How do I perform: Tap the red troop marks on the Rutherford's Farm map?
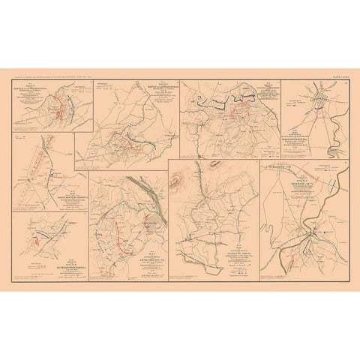[x=37, y=241]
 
